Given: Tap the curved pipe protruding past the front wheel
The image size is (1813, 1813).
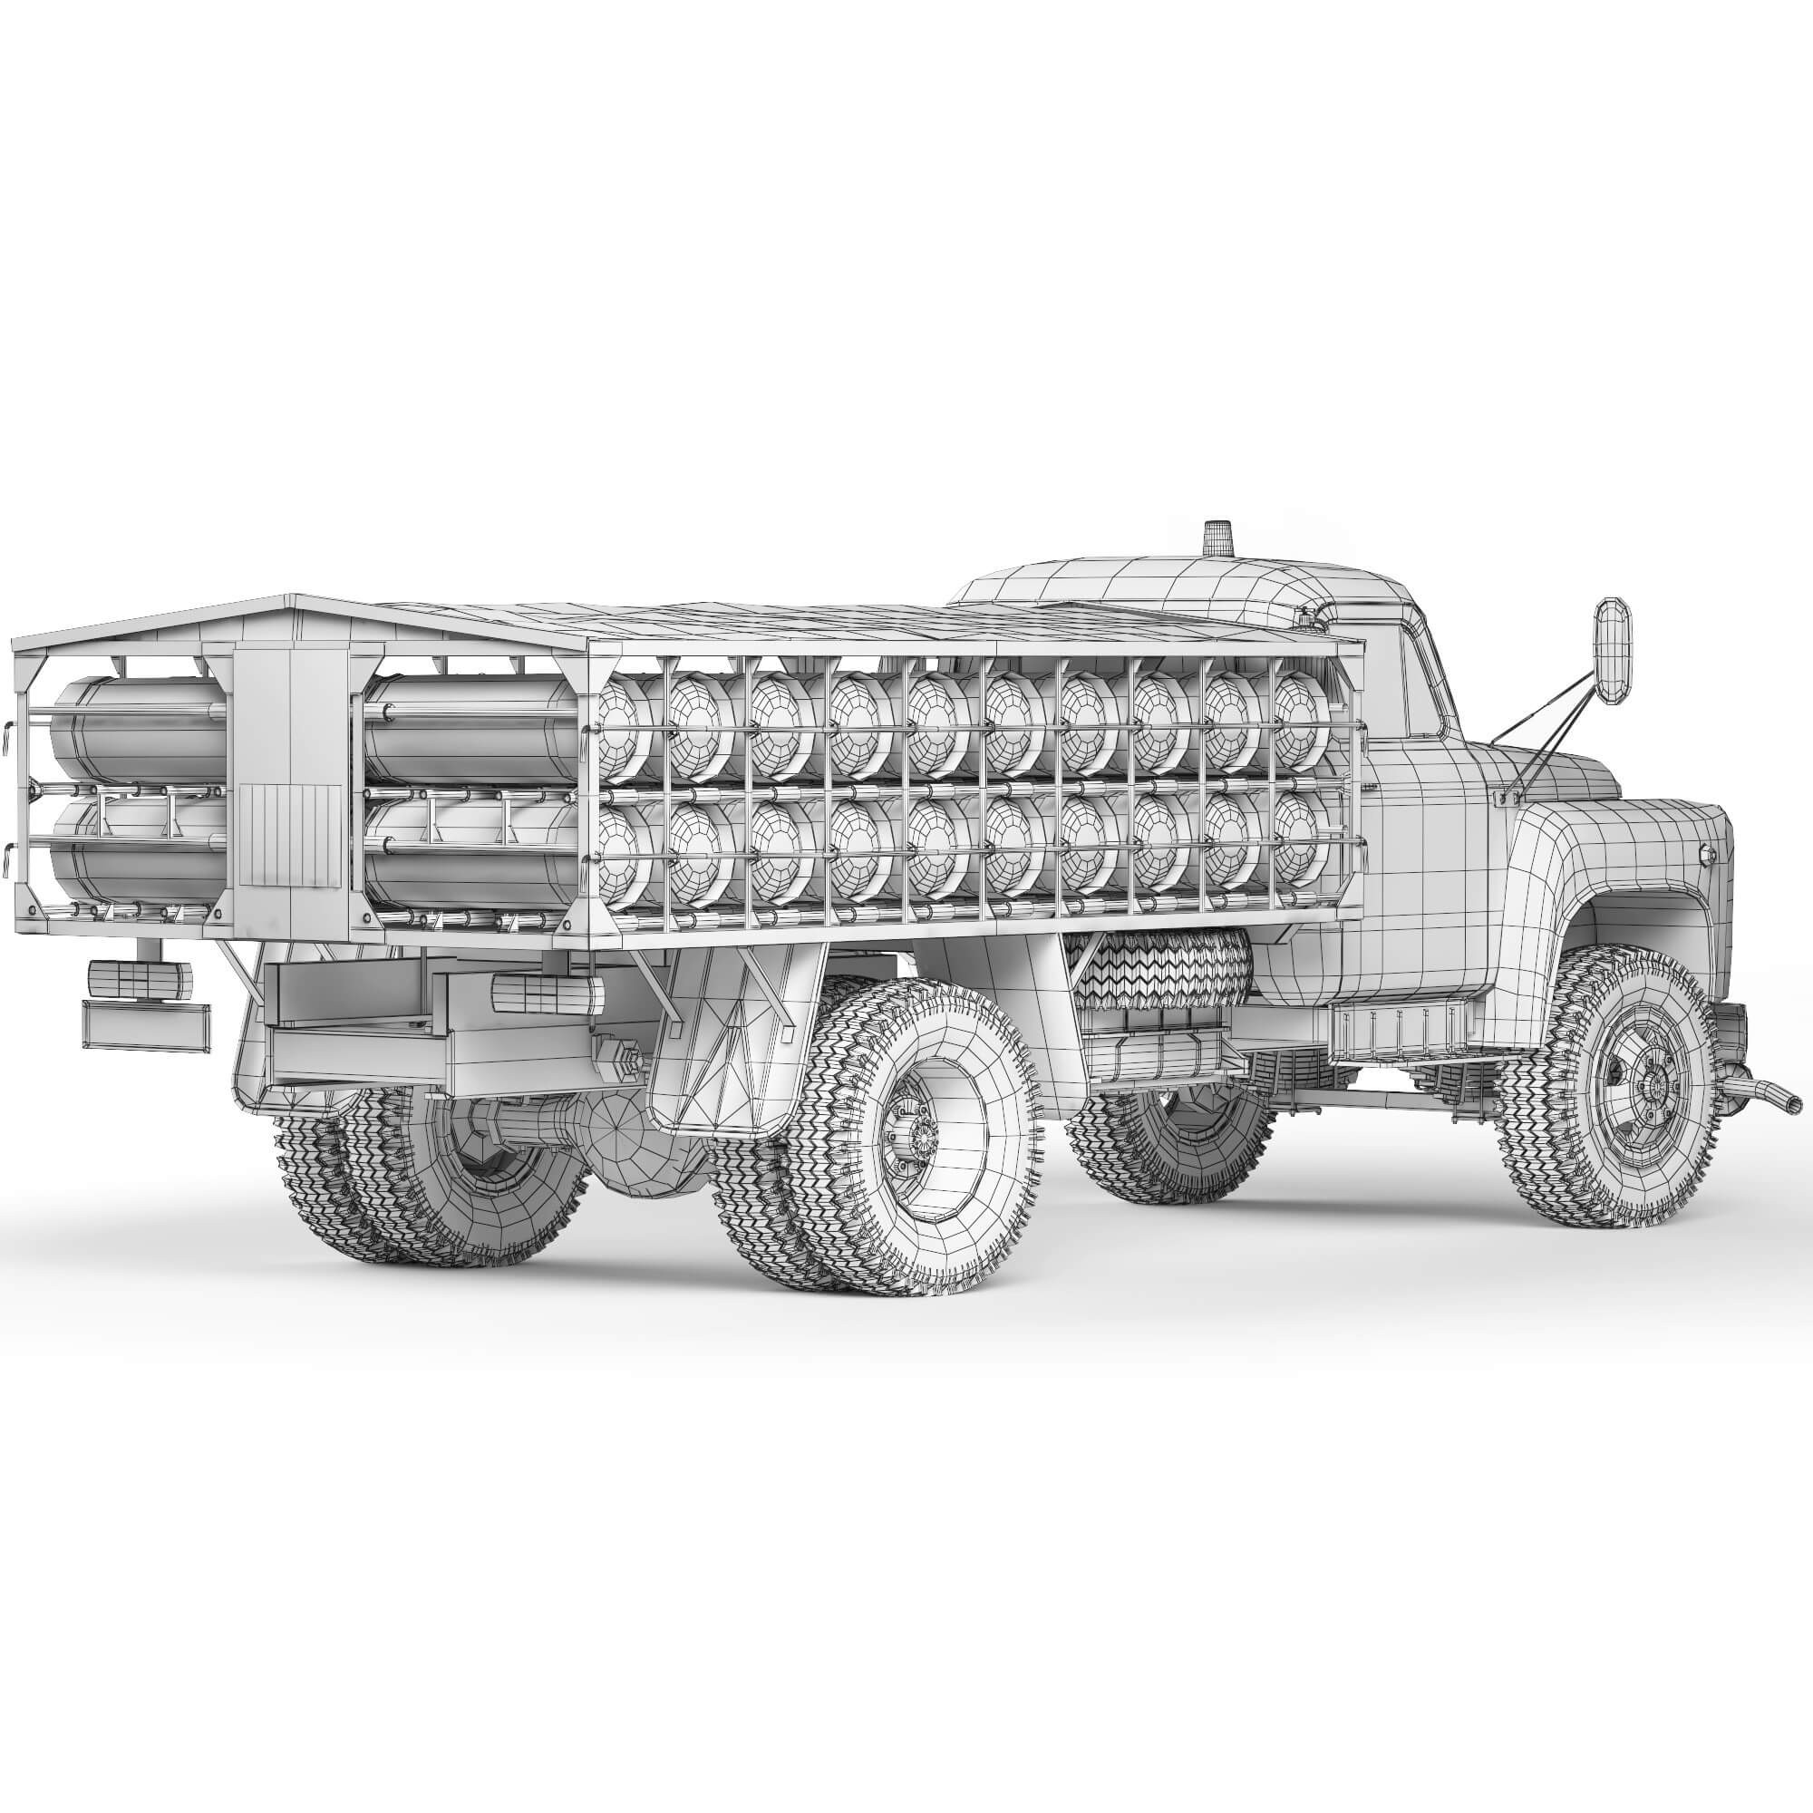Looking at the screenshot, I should click(1769, 1093).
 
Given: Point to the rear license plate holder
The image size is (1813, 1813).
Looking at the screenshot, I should click(145, 1023).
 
